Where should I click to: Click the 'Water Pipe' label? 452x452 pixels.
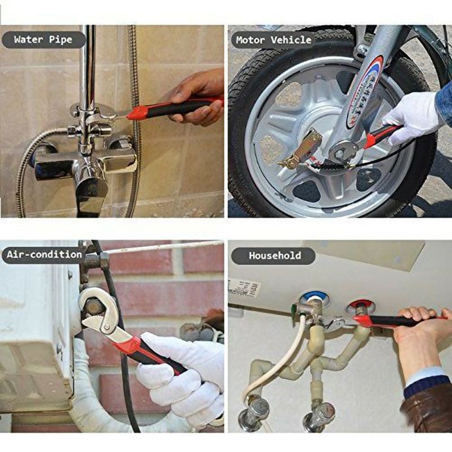click(43, 40)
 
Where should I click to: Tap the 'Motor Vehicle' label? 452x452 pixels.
click(273, 40)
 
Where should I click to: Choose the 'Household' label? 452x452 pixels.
click(275, 255)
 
